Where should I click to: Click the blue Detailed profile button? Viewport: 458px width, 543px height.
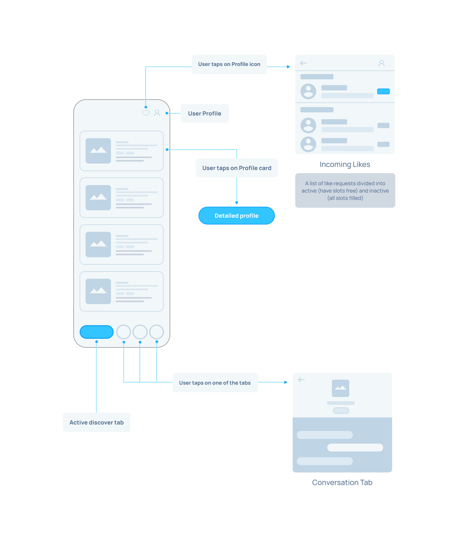pyautogui.click(x=236, y=216)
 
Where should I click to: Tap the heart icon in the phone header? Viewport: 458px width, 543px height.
pyautogui.click(x=146, y=113)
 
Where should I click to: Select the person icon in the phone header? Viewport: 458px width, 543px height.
pyautogui.click(x=157, y=113)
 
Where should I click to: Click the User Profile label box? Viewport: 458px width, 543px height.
pyautogui.click(x=204, y=113)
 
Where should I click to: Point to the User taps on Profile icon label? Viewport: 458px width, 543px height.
pyautogui.click(x=229, y=64)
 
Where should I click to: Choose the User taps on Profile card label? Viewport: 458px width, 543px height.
pyautogui.click(x=237, y=168)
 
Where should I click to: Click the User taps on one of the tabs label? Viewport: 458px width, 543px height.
pyautogui.click(x=215, y=383)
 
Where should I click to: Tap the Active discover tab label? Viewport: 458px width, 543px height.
pyautogui.click(x=96, y=422)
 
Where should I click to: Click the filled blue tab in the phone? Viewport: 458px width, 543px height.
pyautogui.click(x=96, y=332)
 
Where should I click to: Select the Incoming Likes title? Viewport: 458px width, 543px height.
pyautogui.click(x=345, y=164)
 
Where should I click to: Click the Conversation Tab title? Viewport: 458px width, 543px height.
pyautogui.click(x=342, y=482)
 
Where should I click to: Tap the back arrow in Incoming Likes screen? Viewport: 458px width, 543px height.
pyautogui.click(x=303, y=63)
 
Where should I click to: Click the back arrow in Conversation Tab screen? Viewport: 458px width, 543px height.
pyautogui.click(x=301, y=379)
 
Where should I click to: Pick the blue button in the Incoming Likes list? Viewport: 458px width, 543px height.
pyautogui.click(x=383, y=91)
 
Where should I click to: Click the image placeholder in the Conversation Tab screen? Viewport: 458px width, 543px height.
pyautogui.click(x=340, y=388)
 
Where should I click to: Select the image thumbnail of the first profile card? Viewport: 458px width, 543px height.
pyautogui.click(x=98, y=151)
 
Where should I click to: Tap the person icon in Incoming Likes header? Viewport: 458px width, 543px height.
pyautogui.click(x=381, y=63)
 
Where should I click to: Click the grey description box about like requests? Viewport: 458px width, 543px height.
pyautogui.click(x=345, y=191)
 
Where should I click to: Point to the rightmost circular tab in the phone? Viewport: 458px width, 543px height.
pyautogui.click(x=157, y=332)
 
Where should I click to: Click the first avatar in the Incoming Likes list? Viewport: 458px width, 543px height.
pyautogui.click(x=308, y=91)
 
